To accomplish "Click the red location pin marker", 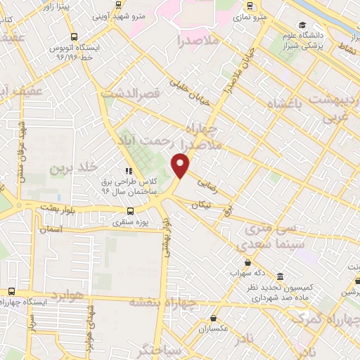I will click(181, 165).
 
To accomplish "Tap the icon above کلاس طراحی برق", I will click(129, 170).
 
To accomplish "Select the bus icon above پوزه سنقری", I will click(130, 210).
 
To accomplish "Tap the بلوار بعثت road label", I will click(39, 210).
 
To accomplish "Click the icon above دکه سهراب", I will click(247, 262).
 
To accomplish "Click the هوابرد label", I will click(67, 295).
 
